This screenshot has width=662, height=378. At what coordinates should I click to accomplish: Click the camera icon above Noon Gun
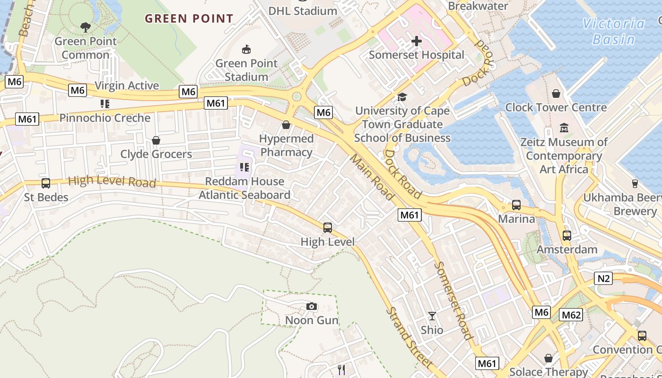click(x=311, y=306)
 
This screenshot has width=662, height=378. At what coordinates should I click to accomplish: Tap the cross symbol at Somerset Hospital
click(x=416, y=41)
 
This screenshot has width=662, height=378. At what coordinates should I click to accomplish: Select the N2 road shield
click(x=603, y=278)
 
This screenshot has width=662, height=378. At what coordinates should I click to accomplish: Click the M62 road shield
click(x=571, y=315)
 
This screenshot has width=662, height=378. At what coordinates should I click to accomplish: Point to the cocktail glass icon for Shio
click(x=432, y=316)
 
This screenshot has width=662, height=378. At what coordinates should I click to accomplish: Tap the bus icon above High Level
click(x=328, y=228)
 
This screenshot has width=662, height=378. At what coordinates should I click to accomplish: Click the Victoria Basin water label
click(x=613, y=31)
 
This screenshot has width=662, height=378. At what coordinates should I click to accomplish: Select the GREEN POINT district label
click(x=189, y=19)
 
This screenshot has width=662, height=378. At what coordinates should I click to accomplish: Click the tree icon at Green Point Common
click(x=86, y=27)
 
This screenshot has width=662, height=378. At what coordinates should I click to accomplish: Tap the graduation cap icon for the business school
click(x=402, y=97)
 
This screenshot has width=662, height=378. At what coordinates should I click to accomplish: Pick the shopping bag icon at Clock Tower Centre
click(x=556, y=94)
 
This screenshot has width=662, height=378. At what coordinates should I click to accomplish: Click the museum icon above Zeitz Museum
click(x=564, y=128)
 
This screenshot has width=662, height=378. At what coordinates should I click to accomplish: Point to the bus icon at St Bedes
click(x=46, y=183)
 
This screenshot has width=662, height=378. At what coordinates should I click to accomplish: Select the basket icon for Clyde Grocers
click(x=156, y=140)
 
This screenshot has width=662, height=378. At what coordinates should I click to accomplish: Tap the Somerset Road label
click(x=453, y=301)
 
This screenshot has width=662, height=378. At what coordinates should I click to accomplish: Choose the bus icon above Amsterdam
click(x=566, y=235)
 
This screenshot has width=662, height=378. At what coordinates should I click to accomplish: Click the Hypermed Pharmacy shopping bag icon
click(x=286, y=125)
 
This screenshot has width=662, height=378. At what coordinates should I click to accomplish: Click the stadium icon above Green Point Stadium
click(x=246, y=49)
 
